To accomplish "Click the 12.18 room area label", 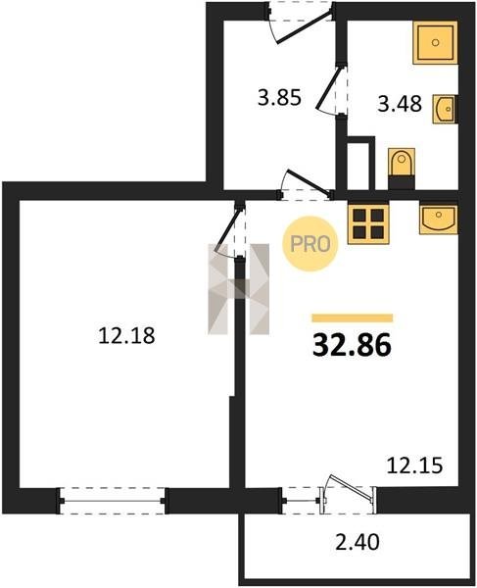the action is coord(126,335).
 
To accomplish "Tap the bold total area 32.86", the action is coord(352,345).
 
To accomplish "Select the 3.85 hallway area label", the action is coord(279,98).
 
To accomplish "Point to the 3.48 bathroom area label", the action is coord(400,104).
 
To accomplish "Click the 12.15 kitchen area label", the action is coord(414,465).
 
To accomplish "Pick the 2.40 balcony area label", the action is coord(357,542).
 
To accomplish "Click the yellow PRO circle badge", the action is coord(310,244).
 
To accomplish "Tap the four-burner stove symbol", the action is coord(368,222).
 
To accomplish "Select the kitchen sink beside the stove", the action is coord(439,218).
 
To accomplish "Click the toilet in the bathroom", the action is coord(402,169).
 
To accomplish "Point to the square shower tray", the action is coord(435,42).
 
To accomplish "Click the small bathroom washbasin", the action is coord(445,109).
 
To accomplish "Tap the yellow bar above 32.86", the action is coord(353,318).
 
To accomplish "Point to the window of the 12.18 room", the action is coord(112,501).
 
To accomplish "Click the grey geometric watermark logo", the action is coord(239,289).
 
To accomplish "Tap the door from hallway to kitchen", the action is coord(305,184).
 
